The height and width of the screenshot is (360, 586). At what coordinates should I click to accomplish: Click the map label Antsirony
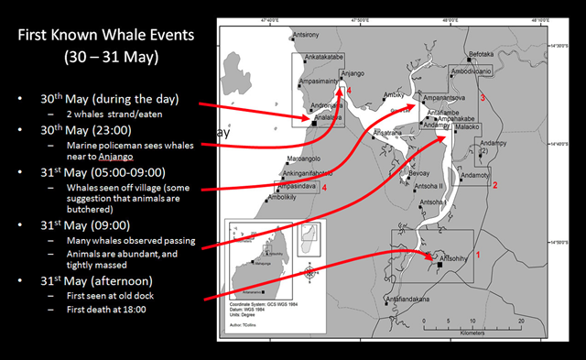pos(308,35)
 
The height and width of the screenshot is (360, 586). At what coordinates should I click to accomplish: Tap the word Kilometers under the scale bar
pos(472,331)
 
